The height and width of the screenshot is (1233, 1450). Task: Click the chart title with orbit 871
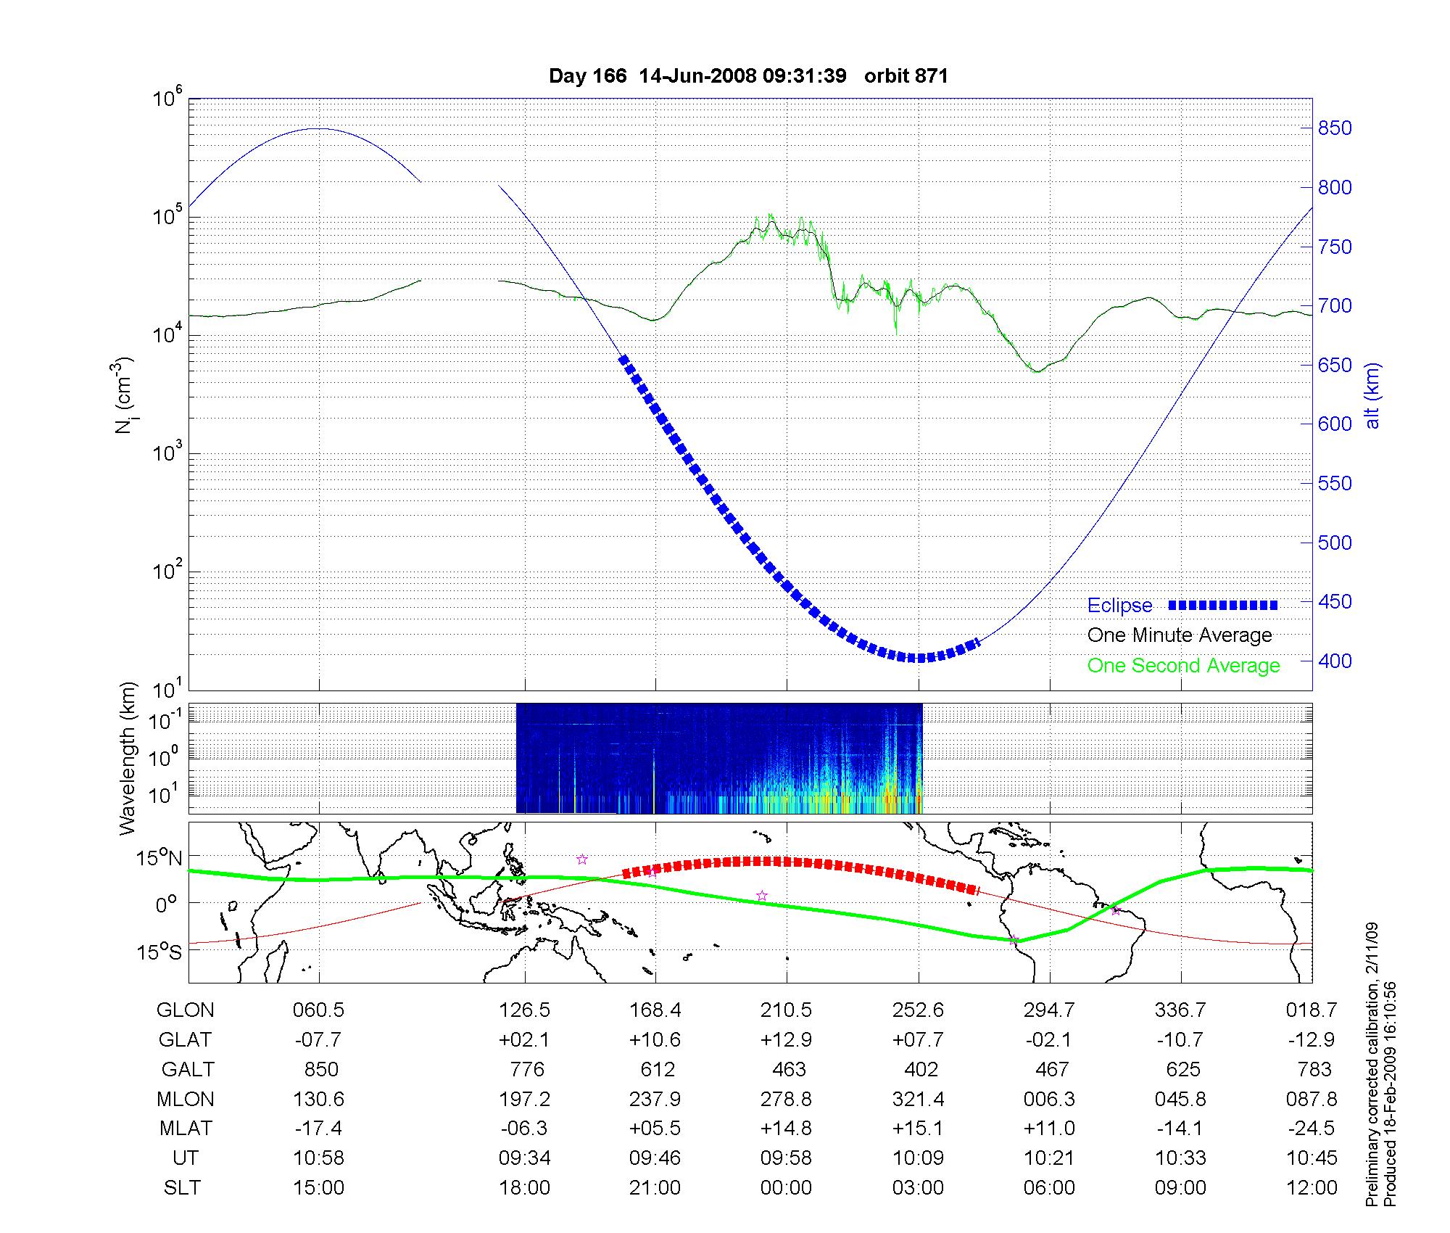[x=748, y=76]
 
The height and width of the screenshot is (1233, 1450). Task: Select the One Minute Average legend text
[x=1180, y=635]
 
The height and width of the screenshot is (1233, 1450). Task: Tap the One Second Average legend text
[x=1183, y=666]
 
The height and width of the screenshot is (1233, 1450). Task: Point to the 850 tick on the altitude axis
[x=1335, y=128]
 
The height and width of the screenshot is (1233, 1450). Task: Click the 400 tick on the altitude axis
[x=1335, y=661]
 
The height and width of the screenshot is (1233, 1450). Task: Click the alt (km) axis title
[x=1372, y=395]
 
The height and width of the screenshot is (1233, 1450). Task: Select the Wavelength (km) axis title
[x=128, y=759]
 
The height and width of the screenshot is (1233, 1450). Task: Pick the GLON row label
[x=186, y=1010]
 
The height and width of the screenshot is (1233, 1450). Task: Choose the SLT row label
[x=183, y=1188]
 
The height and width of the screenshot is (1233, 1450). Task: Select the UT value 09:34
[x=524, y=1158]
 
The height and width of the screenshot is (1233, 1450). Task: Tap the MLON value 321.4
[x=918, y=1100]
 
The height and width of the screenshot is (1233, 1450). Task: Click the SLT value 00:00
[x=786, y=1188]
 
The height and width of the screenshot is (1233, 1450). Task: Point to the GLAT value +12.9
[x=786, y=1040]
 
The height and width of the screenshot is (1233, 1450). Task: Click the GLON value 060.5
[x=319, y=1010]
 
